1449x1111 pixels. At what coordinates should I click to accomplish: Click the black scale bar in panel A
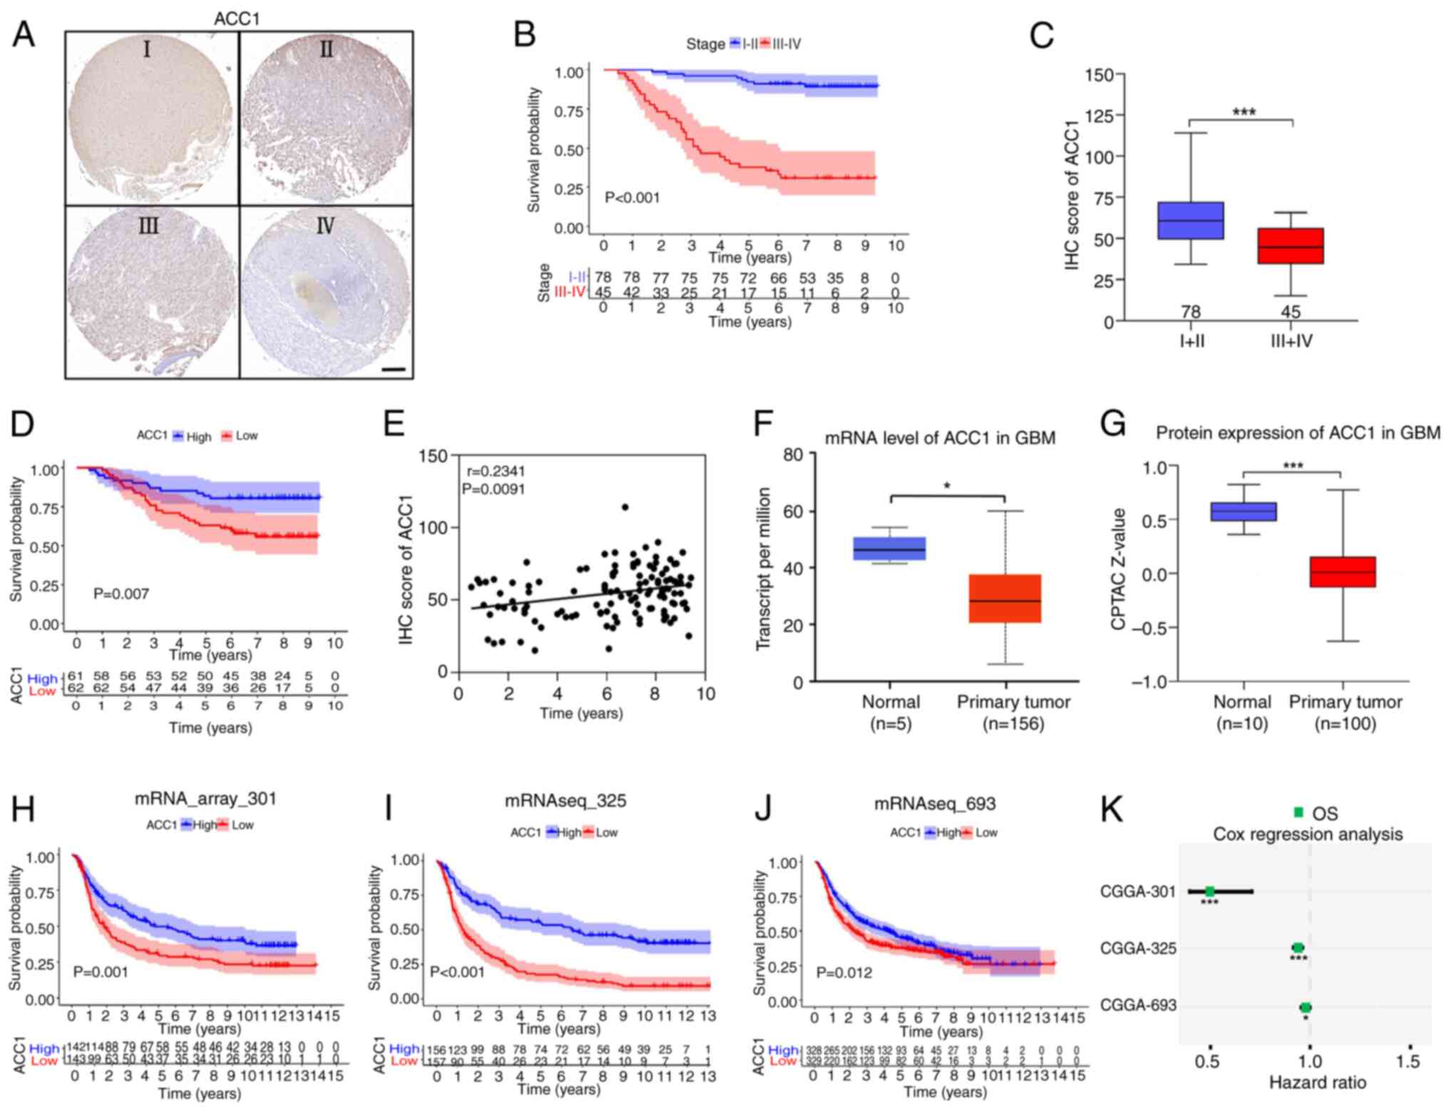[393, 369]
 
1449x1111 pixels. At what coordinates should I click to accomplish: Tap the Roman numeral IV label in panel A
[325, 226]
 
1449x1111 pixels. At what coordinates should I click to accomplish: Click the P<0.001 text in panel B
[632, 198]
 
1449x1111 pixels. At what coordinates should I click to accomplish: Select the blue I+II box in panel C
[1191, 220]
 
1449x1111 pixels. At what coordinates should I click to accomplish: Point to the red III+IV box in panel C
[1291, 246]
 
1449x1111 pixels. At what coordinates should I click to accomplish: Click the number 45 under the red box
[1291, 312]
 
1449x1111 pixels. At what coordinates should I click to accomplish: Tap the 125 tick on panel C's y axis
[1100, 116]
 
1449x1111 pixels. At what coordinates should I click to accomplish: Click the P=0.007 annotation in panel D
[121, 593]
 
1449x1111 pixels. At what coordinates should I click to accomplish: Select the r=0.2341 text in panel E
[496, 471]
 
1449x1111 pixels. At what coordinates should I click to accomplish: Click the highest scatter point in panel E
[625, 507]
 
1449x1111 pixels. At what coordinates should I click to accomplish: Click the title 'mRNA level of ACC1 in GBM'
[940, 438]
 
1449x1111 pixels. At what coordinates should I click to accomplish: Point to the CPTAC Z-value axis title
[1118, 569]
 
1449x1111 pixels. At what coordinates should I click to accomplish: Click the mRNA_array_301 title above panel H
[205, 799]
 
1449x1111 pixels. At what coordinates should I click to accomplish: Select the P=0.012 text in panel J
[844, 973]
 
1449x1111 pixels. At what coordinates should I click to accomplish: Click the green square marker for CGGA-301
[1209, 891]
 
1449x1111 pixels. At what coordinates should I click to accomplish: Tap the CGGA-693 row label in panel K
[1137, 1005]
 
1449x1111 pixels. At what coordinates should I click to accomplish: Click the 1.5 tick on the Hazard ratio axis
[1408, 1062]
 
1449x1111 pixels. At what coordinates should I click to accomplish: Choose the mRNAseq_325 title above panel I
[565, 801]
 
